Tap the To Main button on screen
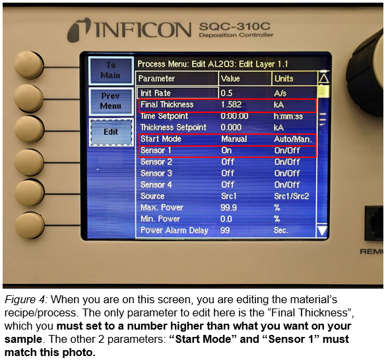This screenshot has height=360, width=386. pyautogui.click(x=111, y=70)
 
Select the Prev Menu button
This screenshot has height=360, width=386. pyautogui.click(x=111, y=101)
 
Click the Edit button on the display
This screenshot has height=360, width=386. pyautogui.click(x=111, y=132)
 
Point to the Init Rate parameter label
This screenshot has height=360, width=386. pyautogui.click(x=156, y=93)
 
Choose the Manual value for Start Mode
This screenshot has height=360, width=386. pyautogui.click(x=234, y=139)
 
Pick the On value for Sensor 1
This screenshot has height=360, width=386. pyautogui.click(x=226, y=151)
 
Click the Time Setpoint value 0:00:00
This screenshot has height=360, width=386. pyautogui.click(x=234, y=116)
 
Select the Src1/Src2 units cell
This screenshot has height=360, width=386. pyautogui.click(x=292, y=196)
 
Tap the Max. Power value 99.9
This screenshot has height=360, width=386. pyautogui.click(x=228, y=207)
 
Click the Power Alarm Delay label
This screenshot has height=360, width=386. pyautogui.click(x=174, y=231)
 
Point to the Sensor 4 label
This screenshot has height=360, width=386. pyautogui.click(x=156, y=184)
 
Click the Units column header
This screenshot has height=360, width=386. pyautogui.click(x=284, y=79)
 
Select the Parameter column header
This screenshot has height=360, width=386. pyautogui.click(x=156, y=79)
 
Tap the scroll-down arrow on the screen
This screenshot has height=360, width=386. pyautogui.click(x=322, y=231)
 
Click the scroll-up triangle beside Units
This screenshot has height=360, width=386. pyautogui.click(x=323, y=79)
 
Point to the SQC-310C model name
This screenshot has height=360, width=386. pyautogui.click(x=235, y=26)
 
